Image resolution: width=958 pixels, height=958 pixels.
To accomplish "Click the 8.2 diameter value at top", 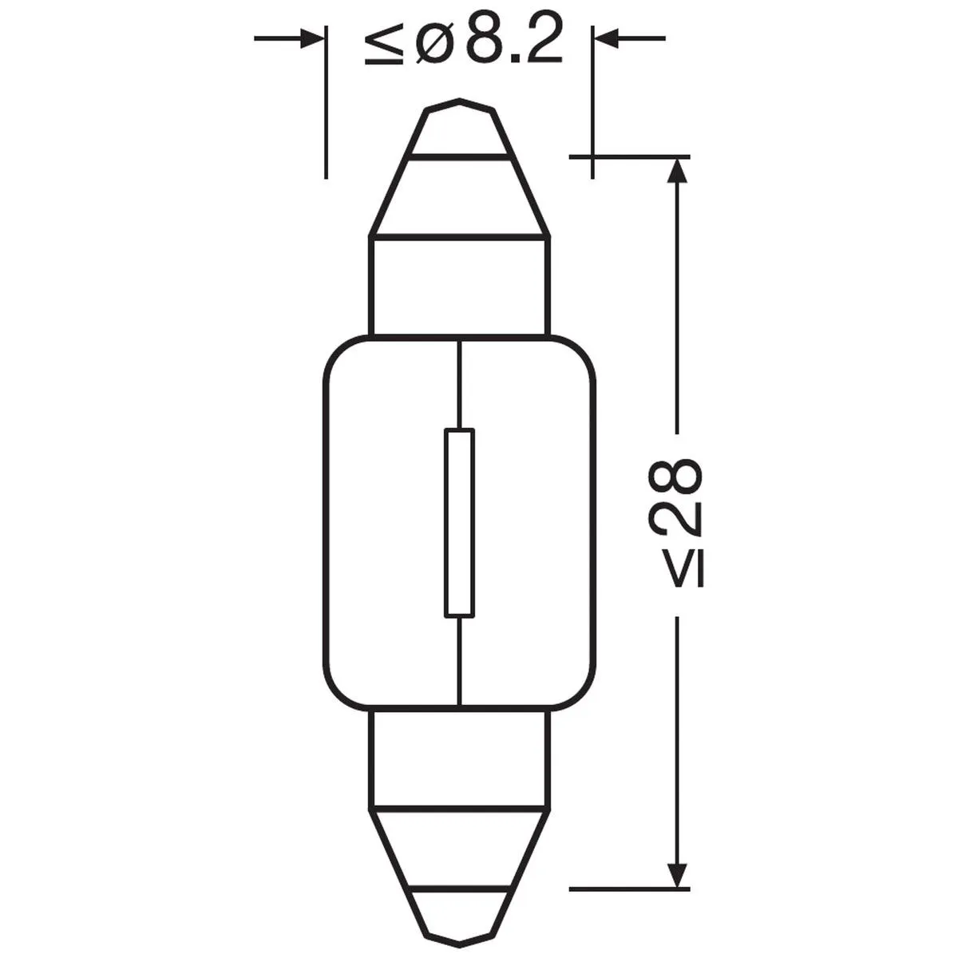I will (514, 42).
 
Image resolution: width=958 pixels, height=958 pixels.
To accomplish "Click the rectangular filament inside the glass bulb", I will (459, 523).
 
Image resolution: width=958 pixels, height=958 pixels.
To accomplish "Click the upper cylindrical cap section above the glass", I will (459, 285).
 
